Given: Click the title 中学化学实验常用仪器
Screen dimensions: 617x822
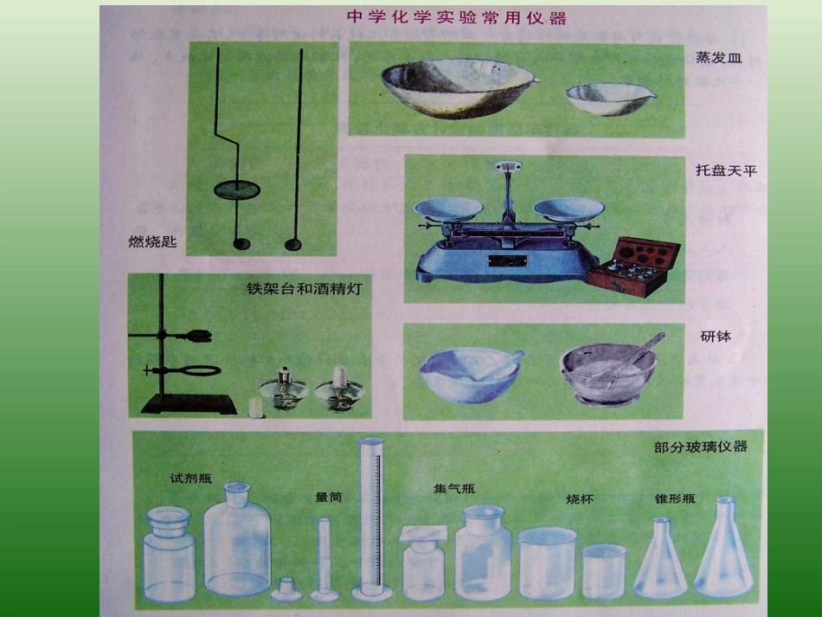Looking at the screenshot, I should tap(456, 17).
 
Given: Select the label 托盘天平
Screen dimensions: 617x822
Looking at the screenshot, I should tap(726, 170).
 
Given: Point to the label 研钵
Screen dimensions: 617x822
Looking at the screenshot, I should tap(716, 336).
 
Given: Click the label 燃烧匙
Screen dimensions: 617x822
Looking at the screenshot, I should tap(152, 242).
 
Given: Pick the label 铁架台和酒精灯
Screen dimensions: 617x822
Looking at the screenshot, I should tap(304, 289).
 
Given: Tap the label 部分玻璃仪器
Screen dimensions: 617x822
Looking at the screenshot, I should tap(701, 447).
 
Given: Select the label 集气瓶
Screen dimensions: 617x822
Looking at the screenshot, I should tap(454, 488).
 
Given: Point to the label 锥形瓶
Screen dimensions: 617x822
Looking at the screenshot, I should tap(675, 498).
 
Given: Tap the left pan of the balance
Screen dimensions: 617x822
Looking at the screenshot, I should tap(448, 209).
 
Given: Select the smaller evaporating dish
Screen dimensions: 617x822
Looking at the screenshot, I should tap(610, 98).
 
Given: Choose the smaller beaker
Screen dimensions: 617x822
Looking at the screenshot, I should tap(603, 571).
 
